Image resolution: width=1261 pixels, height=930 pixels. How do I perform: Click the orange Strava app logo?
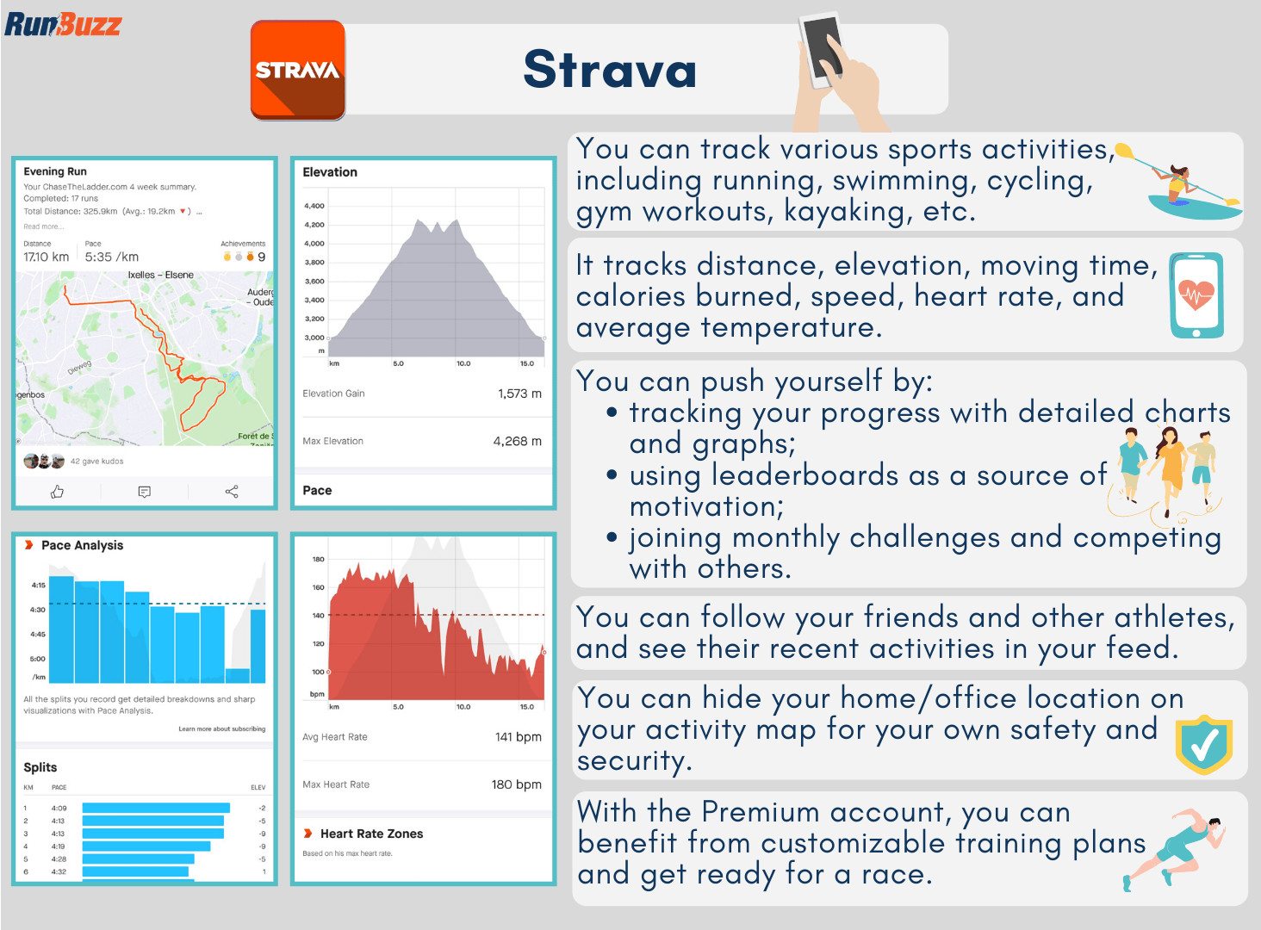(298, 71)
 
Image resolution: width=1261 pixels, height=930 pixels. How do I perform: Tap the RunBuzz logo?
(63, 23)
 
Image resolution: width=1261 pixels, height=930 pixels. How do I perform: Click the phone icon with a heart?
(1196, 295)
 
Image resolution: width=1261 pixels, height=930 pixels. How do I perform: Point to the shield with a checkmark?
(1204, 745)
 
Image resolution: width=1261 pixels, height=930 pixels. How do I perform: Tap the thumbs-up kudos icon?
(58, 492)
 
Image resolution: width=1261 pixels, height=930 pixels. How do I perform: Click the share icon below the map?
(232, 492)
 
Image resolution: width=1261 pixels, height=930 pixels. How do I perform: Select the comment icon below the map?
(145, 492)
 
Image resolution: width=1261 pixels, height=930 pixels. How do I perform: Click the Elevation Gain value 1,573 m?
(519, 394)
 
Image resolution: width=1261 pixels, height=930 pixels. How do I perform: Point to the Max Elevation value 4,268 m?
(517, 441)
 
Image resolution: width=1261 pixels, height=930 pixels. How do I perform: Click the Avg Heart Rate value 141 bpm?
(518, 737)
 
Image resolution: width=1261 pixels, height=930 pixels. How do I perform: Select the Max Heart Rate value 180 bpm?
(516, 784)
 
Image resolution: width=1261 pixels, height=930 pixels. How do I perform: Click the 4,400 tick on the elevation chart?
(314, 206)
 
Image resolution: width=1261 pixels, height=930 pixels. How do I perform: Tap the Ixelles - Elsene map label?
(160, 276)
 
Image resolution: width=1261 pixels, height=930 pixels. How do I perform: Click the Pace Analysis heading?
(82, 545)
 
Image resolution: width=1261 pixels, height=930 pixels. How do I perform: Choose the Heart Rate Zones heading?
(371, 834)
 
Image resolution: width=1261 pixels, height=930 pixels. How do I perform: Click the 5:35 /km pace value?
(111, 257)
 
